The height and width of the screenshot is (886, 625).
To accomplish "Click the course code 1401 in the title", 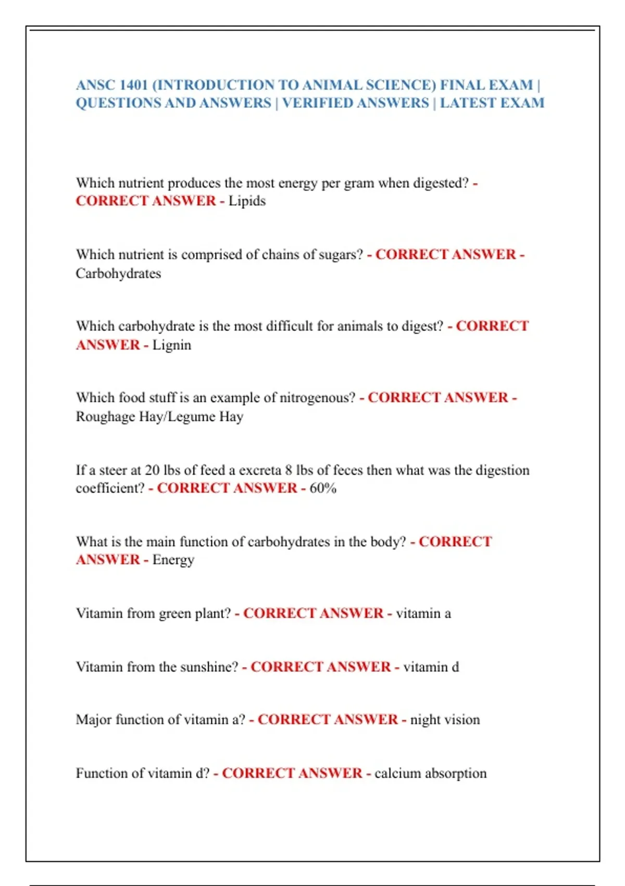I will point(133,85).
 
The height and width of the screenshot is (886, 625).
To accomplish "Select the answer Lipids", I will point(247,201).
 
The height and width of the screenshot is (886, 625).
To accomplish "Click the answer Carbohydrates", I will point(118,273).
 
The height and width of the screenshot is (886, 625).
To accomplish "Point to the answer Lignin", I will point(171,345).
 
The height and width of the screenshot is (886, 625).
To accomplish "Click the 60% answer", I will point(323,488).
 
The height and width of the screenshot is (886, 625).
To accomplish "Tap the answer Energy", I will point(173,560).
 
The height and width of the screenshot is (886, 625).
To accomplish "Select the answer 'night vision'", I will point(445,720).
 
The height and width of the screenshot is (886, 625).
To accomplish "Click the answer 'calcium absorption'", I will point(430,773).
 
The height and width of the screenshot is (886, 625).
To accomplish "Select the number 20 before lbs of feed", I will point(152,470).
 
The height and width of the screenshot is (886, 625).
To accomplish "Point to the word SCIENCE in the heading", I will point(401,85).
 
